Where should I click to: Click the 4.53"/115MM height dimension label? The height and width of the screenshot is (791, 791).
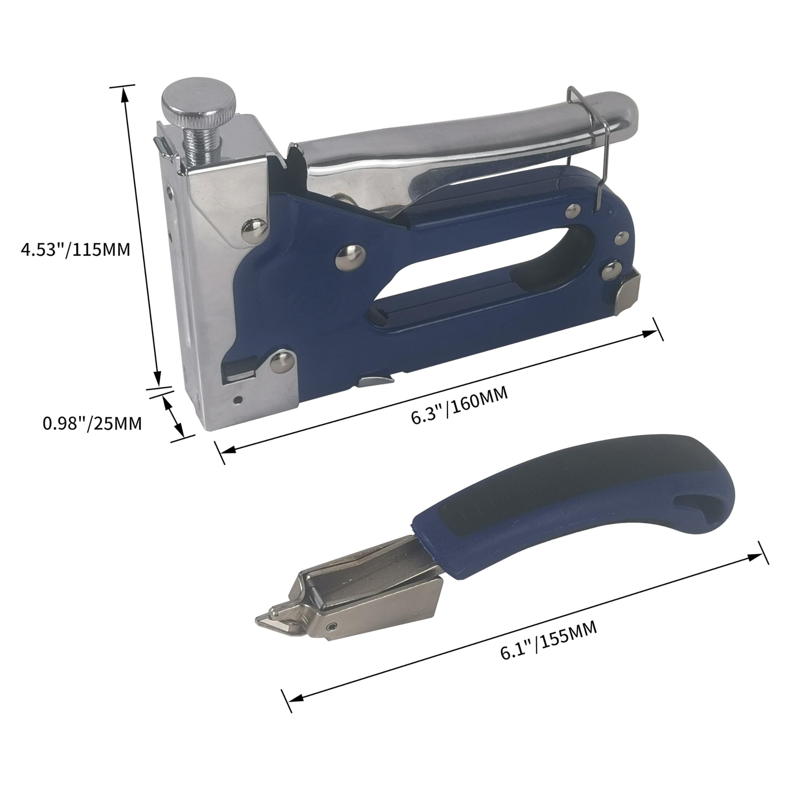point(75,249)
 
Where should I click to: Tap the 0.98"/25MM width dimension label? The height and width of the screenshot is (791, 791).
point(92,423)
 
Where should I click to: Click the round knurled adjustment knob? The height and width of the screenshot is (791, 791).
point(199,104)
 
